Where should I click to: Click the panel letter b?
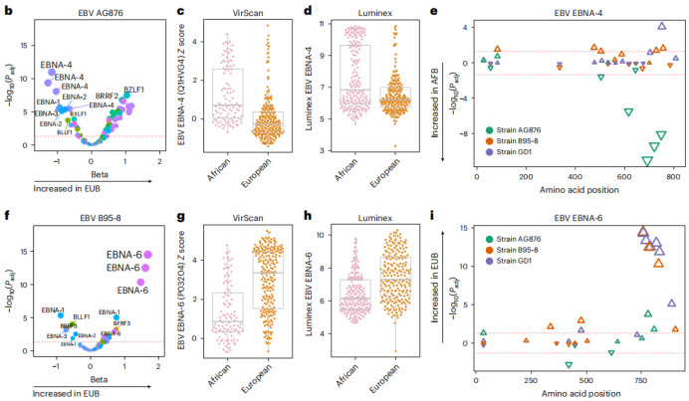(x=8, y=10)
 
